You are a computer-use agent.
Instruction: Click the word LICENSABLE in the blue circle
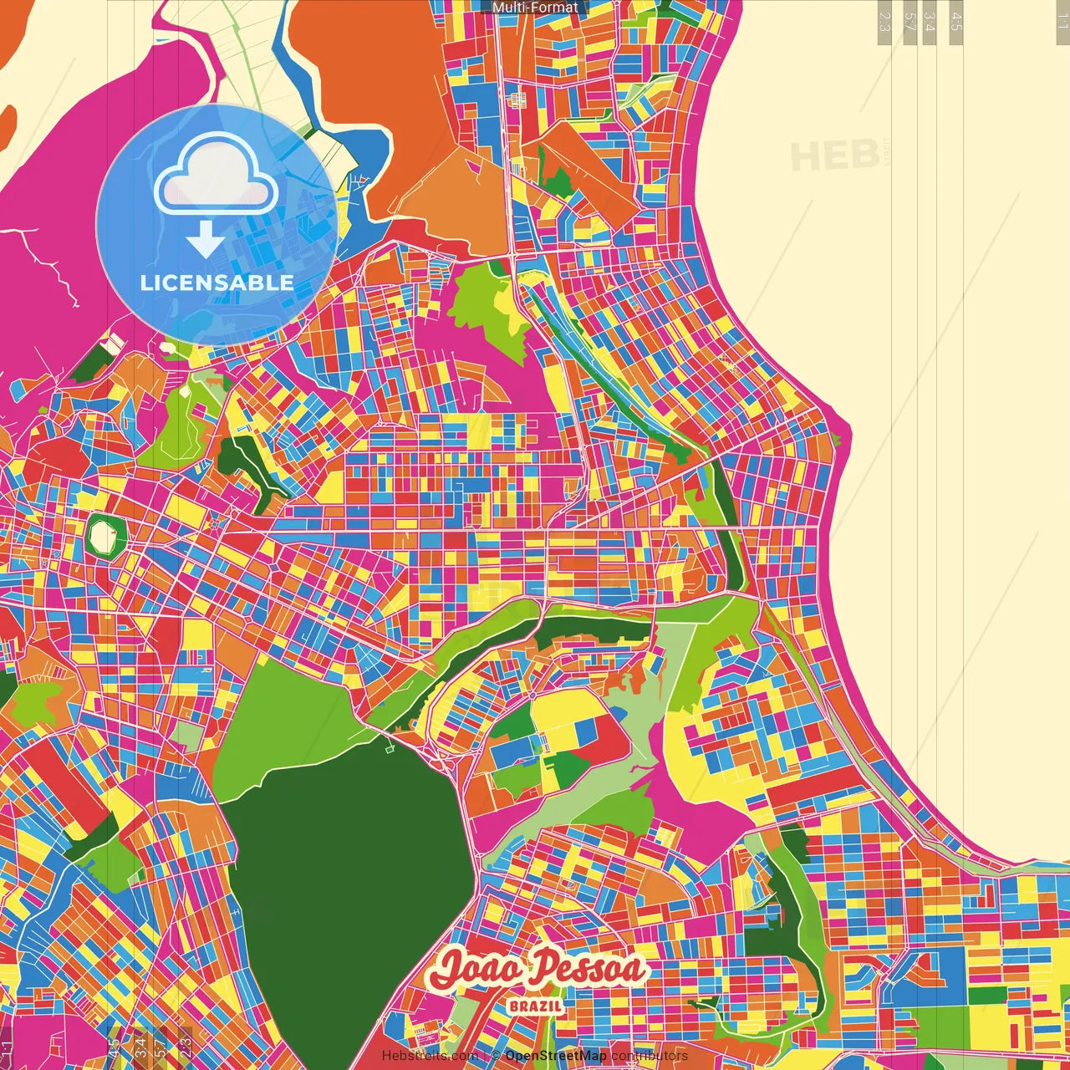[x=217, y=283]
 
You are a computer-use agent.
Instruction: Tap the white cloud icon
[x=216, y=173]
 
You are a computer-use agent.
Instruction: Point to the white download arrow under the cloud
[x=205, y=239]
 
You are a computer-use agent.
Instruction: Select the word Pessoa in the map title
[x=590, y=968]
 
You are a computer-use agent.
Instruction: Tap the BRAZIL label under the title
[x=535, y=1006]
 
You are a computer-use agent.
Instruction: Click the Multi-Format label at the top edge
[x=535, y=8]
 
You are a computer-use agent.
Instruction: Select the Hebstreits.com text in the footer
[x=430, y=1056]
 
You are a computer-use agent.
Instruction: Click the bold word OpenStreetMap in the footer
[x=555, y=1056]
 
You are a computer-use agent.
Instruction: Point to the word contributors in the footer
[x=650, y=1056]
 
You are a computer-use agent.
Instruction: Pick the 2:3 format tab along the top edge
[x=884, y=21]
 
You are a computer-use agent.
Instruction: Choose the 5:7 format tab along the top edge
[x=909, y=21]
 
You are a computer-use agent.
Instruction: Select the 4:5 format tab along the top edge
[x=956, y=21]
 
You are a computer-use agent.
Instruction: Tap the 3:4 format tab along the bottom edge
[x=140, y=1044]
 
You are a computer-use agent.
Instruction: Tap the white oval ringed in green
[x=104, y=535]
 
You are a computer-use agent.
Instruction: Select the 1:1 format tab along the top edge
[x=1062, y=21]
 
